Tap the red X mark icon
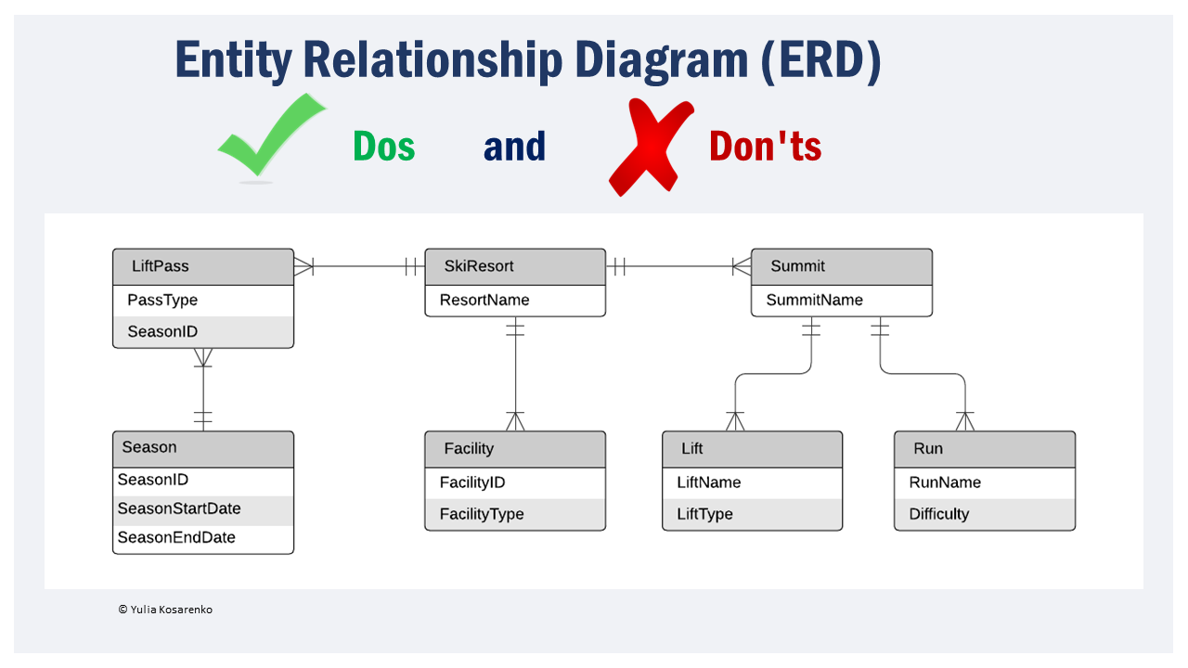[x=651, y=147]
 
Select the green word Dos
[x=383, y=147]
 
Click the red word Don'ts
[x=765, y=147]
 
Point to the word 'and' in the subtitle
[x=514, y=147]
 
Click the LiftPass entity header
[x=203, y=266]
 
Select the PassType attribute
[x=162, y=300]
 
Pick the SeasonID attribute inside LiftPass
[x=162, y=331]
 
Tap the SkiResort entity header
[x=515, y=266]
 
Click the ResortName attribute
[x=484, y=300]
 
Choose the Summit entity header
[x=841, y=266]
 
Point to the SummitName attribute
[x=814, y=300]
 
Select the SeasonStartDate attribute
[x=178, y=508]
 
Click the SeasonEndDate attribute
[x=176, y=537]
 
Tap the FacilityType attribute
[x=482, y=514]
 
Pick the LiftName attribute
[x=709, y=482]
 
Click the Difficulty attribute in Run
[x=938, y=514]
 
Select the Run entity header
[x=984, y=449]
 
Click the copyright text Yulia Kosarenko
[x=165, y=610]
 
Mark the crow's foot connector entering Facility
[x=515, y=421]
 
